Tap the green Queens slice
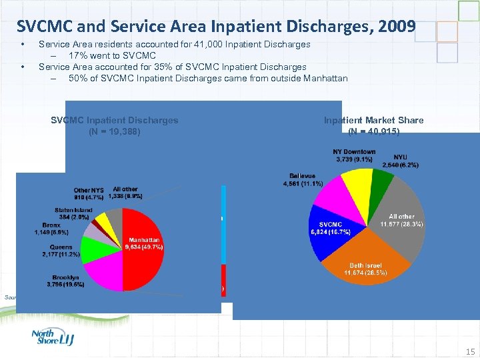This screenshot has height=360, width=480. (91, 248)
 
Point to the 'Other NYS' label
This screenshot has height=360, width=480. (88, 193)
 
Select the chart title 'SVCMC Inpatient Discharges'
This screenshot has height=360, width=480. (115, 120)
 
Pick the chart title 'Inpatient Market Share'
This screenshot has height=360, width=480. (373, 120)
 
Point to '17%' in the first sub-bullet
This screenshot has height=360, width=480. (78, 55)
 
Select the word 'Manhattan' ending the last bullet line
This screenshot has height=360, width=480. (325, 78)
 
